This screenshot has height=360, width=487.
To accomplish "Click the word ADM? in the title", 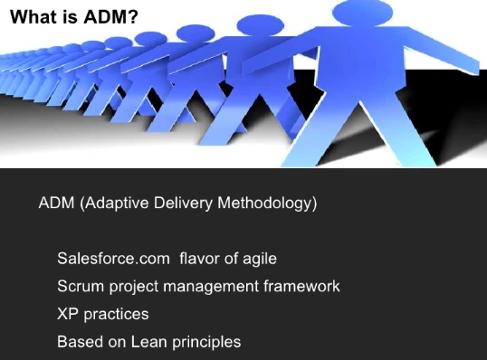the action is (110, 16).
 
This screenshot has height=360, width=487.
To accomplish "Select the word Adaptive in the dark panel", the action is (117, 204).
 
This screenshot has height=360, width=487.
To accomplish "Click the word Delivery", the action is (183, 204).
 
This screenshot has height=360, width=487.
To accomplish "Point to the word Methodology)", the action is (267, 204).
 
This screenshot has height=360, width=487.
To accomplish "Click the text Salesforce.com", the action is (113, 258).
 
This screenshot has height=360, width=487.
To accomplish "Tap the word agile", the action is (260, 259).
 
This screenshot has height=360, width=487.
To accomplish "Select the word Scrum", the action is (81, 286).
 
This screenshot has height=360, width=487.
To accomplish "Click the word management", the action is (211, 287).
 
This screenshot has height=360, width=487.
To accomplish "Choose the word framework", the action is (301, 286).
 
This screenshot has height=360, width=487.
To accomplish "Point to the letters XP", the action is (68, 314).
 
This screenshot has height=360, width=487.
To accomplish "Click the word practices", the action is (116, 315).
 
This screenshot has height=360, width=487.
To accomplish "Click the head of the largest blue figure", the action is (362, 13).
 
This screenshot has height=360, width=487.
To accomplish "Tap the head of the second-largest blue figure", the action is (261, 24).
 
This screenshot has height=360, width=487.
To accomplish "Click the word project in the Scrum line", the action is (134, 287).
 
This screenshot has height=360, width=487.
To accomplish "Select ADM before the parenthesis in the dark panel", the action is (56, 203).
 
